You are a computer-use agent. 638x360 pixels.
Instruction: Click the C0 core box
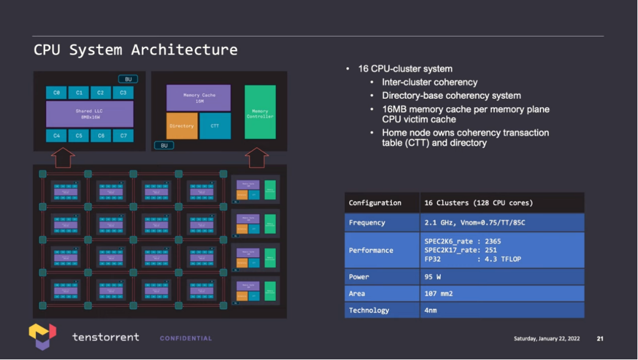[56, 93]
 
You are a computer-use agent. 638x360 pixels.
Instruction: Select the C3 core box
[123, 93]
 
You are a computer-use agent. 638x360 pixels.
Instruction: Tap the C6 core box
[101, 135]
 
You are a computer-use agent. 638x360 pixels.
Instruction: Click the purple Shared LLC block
[90, 114]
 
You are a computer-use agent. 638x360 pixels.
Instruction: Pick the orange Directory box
[181, 126]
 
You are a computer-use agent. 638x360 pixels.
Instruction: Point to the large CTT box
[215, 126]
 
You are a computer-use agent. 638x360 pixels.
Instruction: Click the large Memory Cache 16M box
[198, 98]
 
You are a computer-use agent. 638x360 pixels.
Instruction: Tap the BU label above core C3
[128, 79]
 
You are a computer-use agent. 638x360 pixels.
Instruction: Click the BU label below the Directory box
[164, 145]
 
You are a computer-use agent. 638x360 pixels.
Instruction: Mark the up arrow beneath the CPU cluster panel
[63, 157]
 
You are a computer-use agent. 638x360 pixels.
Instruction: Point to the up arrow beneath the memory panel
[256, 157]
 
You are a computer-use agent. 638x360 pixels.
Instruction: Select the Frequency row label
[367, 223]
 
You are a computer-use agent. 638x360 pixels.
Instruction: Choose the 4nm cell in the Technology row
[430, 310]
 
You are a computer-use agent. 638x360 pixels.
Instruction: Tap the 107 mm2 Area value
[438, 293]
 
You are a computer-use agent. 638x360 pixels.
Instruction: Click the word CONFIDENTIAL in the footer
[186, 338]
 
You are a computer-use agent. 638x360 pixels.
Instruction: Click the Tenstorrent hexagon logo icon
[42, 336]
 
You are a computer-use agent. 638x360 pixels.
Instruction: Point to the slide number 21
[600, 339]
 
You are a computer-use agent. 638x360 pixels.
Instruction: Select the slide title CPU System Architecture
[136, 49]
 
